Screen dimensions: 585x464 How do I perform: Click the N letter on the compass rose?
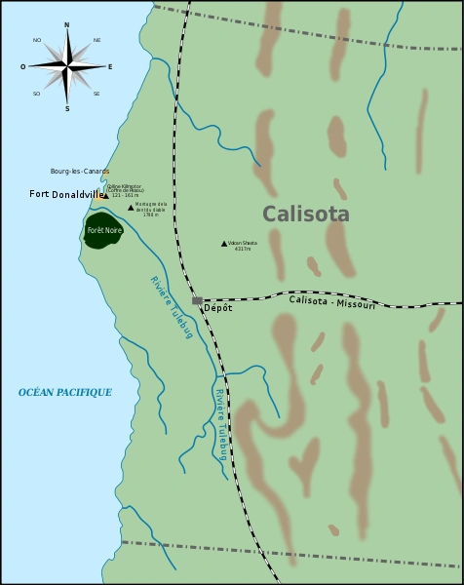tap(66, 24)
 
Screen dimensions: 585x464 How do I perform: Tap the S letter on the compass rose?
tap(66, 108)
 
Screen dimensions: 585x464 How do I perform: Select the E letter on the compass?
tap(110, 66)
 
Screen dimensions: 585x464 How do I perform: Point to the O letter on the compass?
tap(23, 66)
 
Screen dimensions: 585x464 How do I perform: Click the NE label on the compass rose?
tap(97, 40)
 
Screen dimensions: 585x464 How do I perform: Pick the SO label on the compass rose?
tap(37, 94)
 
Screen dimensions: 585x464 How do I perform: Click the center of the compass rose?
tap(66, 66)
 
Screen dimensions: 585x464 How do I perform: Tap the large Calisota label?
tap(305, 214)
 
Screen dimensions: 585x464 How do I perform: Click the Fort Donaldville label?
tap(64, 194)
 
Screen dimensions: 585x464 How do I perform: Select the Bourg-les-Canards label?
tap(80, 172)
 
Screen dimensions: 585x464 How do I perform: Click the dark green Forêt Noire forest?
tap(102, 231)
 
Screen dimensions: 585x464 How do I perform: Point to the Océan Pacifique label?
tap(65, 392)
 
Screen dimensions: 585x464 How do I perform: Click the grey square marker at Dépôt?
tap(196, 300)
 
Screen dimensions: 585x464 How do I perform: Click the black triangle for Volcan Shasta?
tap(223, 244)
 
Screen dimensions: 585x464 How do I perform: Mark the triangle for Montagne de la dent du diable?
tap(132, 208)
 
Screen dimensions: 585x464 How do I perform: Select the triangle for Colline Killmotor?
tap(105, 196)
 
